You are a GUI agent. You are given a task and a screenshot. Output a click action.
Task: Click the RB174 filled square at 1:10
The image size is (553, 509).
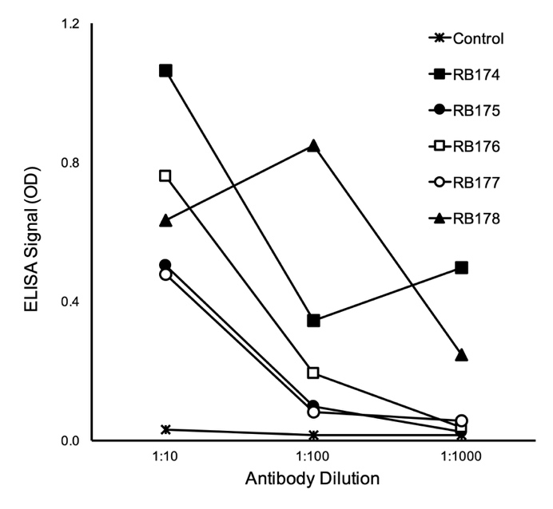click(x=165, y=71)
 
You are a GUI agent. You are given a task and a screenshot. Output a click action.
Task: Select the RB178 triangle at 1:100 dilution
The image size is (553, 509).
click(x=313, y=146)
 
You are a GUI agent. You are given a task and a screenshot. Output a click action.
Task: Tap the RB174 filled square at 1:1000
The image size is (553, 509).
click(x=461, y=267)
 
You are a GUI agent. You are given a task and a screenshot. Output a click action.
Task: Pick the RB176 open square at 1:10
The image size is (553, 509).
click(x=165, y=176)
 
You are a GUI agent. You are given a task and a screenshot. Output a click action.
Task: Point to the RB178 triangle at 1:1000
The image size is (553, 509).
click(x=461, y=355)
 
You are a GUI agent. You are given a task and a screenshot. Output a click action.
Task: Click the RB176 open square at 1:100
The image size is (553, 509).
click(x=313, y=373)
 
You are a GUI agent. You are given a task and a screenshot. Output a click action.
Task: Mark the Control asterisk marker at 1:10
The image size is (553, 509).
click(x=165, y=429)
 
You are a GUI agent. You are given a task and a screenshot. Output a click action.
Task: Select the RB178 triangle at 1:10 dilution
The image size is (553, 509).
click(x=165, y=220)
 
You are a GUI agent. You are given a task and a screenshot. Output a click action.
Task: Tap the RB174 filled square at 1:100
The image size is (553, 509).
click(x=313, y=321)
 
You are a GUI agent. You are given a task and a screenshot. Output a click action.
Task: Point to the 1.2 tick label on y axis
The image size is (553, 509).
click(x=70, y=24)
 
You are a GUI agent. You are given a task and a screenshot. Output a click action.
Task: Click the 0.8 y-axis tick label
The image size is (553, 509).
click(x=70, y=163)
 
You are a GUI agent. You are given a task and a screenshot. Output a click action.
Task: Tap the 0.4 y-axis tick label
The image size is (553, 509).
click(x=70, y=302)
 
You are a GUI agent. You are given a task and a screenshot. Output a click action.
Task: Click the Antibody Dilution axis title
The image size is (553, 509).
click(x=313, y=480)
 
